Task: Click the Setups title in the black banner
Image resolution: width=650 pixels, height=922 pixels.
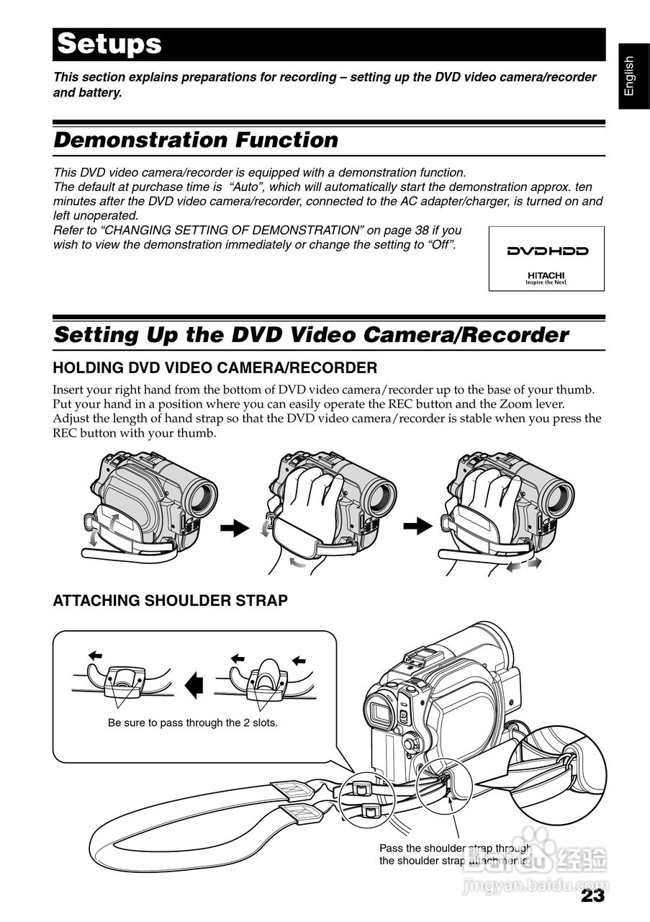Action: (109, 44)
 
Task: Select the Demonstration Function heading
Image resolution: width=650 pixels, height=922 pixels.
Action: (196, 140)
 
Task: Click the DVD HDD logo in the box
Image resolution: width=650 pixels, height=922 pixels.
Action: (547, 251)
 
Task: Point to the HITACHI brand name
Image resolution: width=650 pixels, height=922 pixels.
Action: (546, 275)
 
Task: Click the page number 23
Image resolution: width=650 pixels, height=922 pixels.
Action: (592, 896)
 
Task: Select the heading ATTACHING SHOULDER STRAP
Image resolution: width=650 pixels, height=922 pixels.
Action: (170, 600)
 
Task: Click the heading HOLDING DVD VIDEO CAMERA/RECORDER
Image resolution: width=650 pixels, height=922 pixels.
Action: (215, 368)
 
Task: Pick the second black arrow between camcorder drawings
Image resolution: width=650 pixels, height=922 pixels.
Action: (416, 527)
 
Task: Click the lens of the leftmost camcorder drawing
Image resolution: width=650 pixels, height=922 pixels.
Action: (204, 496)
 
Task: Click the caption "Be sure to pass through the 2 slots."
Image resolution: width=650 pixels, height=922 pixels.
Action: (192, 722)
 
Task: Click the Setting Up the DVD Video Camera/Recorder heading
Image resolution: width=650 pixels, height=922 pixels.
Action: (311, 335)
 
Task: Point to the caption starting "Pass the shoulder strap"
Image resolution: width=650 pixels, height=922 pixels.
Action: (455, 854)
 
